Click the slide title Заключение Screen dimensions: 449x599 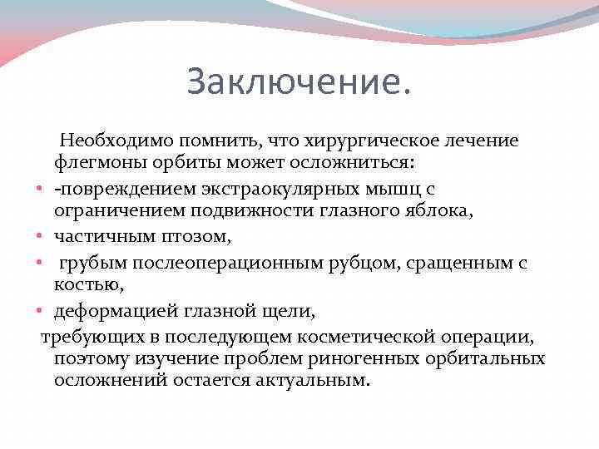[x=299, y=82]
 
